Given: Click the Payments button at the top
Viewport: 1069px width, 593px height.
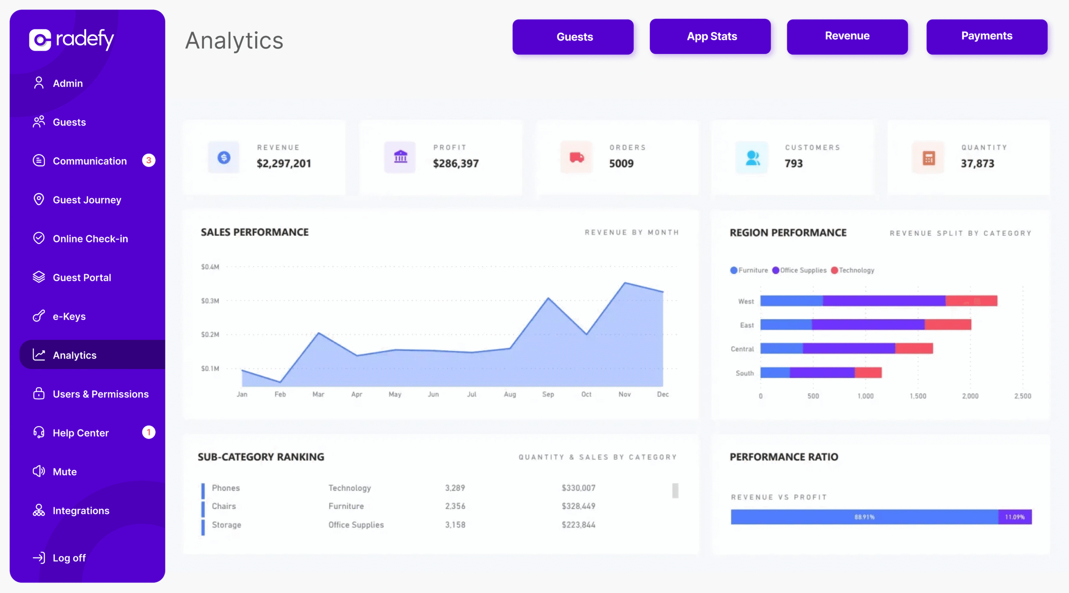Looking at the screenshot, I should pyautogui.click(x=986, y=36).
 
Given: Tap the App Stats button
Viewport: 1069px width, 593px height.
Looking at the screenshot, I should pyautogui.click(x=710, y=36).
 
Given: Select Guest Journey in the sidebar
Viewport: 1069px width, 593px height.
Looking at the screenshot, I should pyautogui.click(x=87, y=200).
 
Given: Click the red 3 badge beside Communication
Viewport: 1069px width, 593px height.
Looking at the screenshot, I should pyautogui.click(x=149, y=161).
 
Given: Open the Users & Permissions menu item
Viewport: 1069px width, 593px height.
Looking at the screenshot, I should pyautogui.click(x=100, y=394).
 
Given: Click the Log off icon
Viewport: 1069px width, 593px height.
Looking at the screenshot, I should pyautogui.click(x=39, y=558).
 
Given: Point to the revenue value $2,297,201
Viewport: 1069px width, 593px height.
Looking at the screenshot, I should pyautogui.click(x=284, y=164).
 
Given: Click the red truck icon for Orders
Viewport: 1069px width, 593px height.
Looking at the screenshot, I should pyautogui.click(x=576, y=157).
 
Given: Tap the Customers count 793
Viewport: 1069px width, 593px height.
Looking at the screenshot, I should pyautogui.click(x=793, y=164).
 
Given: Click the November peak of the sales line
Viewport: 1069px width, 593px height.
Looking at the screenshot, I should pyautogui.click(x=625, y=283).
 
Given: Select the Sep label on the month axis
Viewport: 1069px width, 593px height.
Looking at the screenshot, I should pyautogui.click(x=548, y=394).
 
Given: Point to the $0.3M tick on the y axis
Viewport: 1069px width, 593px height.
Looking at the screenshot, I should pyautogui.click(x=210, y=301).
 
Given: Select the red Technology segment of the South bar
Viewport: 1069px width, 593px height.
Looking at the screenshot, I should pyautogui.click(x=868, y=373).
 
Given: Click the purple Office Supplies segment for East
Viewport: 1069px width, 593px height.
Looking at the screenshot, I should pyautogui.click(x=868, y=325).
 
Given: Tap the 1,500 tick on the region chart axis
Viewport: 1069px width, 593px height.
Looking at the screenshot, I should pyautogui.click(x=918, y=396).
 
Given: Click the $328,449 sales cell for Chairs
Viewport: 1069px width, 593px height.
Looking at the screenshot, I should pyautogui.click(x=578, y=506).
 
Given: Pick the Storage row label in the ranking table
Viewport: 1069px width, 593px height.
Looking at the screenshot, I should pyautogui.click(x=226, y=525).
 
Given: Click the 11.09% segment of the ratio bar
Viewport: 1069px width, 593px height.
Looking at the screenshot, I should pyautogui.click(x=1015, y=517).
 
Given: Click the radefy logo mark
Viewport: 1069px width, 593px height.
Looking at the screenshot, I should pyautogui.click(x=40, y=40).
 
